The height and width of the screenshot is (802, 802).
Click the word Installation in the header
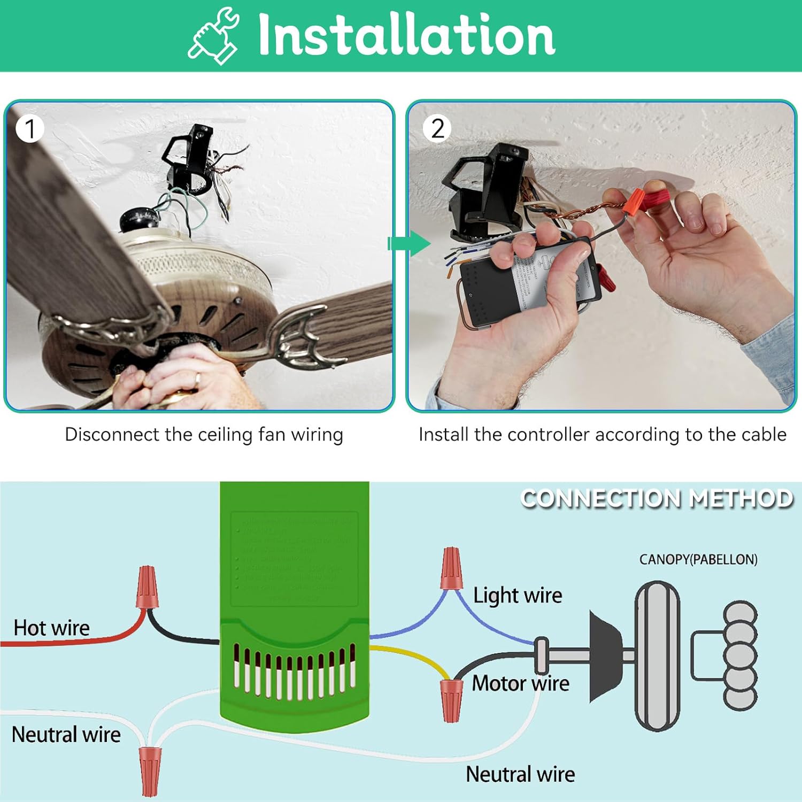(406, 35)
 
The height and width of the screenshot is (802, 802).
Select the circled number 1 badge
(29, 129)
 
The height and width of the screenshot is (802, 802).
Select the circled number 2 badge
(437, 129)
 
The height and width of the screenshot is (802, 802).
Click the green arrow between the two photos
(408, 244)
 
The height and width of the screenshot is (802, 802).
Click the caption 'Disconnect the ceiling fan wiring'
(204, 434)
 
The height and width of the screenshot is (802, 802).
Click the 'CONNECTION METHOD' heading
(657, 498)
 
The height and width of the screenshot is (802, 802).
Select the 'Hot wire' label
(51, 628)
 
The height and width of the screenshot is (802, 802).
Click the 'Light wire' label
(518, 595)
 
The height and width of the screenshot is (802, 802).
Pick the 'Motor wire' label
(520, 683)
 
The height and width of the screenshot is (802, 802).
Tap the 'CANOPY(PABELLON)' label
(698, 559)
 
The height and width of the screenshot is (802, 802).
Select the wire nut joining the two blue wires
(450, 568)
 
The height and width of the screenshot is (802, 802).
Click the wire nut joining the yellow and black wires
(451, 699)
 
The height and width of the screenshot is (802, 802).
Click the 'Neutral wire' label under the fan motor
(520, 774)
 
